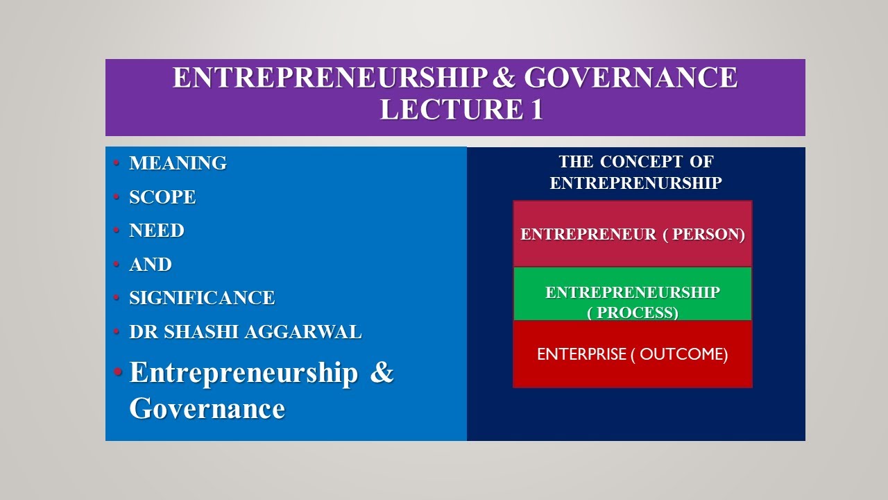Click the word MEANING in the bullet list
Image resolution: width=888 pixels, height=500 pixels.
(178, 163)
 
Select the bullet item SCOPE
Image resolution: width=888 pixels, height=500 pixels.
(162, 197)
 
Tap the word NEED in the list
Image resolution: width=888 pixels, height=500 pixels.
(157, 231)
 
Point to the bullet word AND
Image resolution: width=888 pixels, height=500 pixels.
(151, 265)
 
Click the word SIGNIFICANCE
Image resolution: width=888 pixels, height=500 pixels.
(202, 298)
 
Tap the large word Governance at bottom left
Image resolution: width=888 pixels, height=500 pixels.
(207, 408)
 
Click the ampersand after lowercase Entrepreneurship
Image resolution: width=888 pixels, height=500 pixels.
(382, 373)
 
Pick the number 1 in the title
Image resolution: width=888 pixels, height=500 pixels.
(536, 110)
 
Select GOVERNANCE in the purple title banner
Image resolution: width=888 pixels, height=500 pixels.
(631, 78)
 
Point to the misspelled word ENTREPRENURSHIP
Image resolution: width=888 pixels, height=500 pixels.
(635, 183)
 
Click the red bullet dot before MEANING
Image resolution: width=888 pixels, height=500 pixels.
(117, 163)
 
